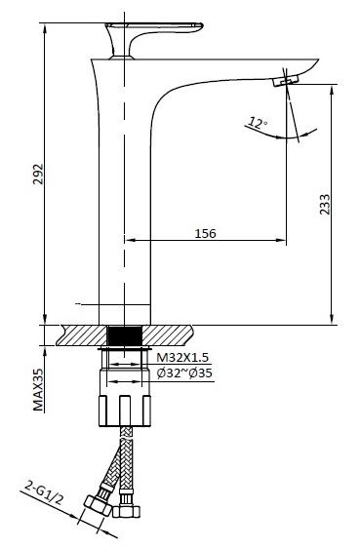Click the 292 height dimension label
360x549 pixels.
click(38, 175)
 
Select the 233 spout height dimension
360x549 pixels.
click(325, 204)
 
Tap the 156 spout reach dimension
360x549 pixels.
click(205, 233)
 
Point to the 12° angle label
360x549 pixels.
click(258, 123)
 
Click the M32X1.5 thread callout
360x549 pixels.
click(182, 358)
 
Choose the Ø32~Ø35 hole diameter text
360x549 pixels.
click(184, 373)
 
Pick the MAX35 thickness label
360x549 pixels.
click(38, 389)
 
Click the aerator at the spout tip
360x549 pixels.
click(285, 80)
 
